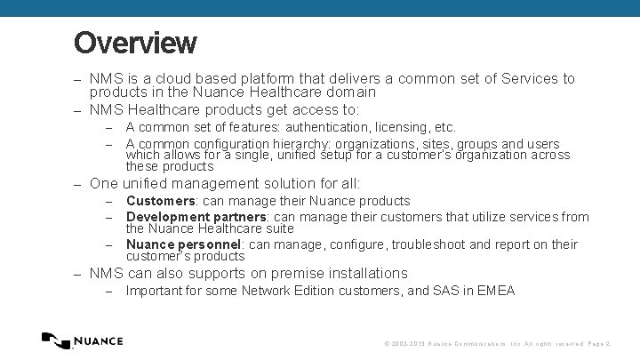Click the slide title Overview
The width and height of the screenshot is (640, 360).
click(135, 43)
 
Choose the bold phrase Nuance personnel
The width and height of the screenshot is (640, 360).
click(185, 244)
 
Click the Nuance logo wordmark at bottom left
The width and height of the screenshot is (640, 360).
click(98, 341)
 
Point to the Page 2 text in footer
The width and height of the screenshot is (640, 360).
click(601, 343)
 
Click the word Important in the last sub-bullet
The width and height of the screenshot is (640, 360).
click(156, 291)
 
